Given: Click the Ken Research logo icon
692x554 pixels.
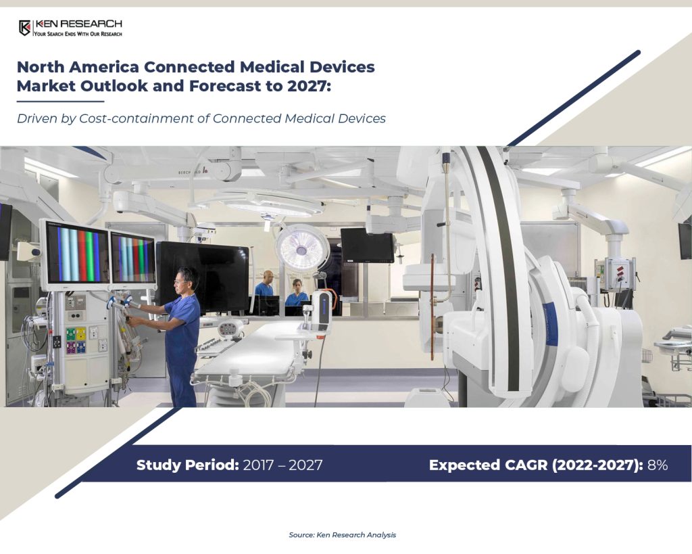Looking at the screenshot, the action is tap(25, 28).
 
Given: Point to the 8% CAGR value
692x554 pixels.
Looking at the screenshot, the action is tap(657, 465).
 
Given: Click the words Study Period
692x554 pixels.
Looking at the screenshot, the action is tap(188, 465).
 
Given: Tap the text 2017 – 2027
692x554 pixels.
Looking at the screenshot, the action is tap(282, 465).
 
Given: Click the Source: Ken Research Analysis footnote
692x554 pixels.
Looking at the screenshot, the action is tap(343, 534).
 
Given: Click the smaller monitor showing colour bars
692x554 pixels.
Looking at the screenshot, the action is tap(133, 258).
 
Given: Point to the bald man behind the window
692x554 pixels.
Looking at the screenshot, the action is tap(266, 283).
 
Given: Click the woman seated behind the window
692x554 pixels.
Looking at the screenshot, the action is tap(297, 292).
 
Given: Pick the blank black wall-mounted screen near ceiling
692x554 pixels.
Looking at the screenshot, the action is tap(367, 245).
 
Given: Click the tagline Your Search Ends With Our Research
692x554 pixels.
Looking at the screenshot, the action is tap(78, 34).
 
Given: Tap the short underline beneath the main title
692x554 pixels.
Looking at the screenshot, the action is tap(60, 101).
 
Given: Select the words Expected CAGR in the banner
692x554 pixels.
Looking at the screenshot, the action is tap(489, 465).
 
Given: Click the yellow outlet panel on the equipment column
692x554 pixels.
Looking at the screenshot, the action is tap(81, 334).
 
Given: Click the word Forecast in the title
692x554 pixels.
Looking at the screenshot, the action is tap(224, 86).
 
